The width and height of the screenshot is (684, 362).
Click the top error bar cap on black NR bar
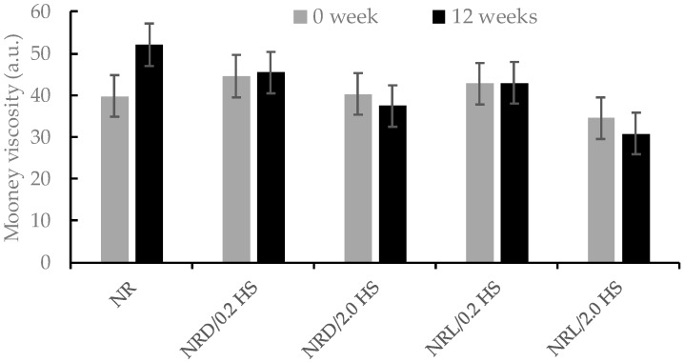149,24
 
